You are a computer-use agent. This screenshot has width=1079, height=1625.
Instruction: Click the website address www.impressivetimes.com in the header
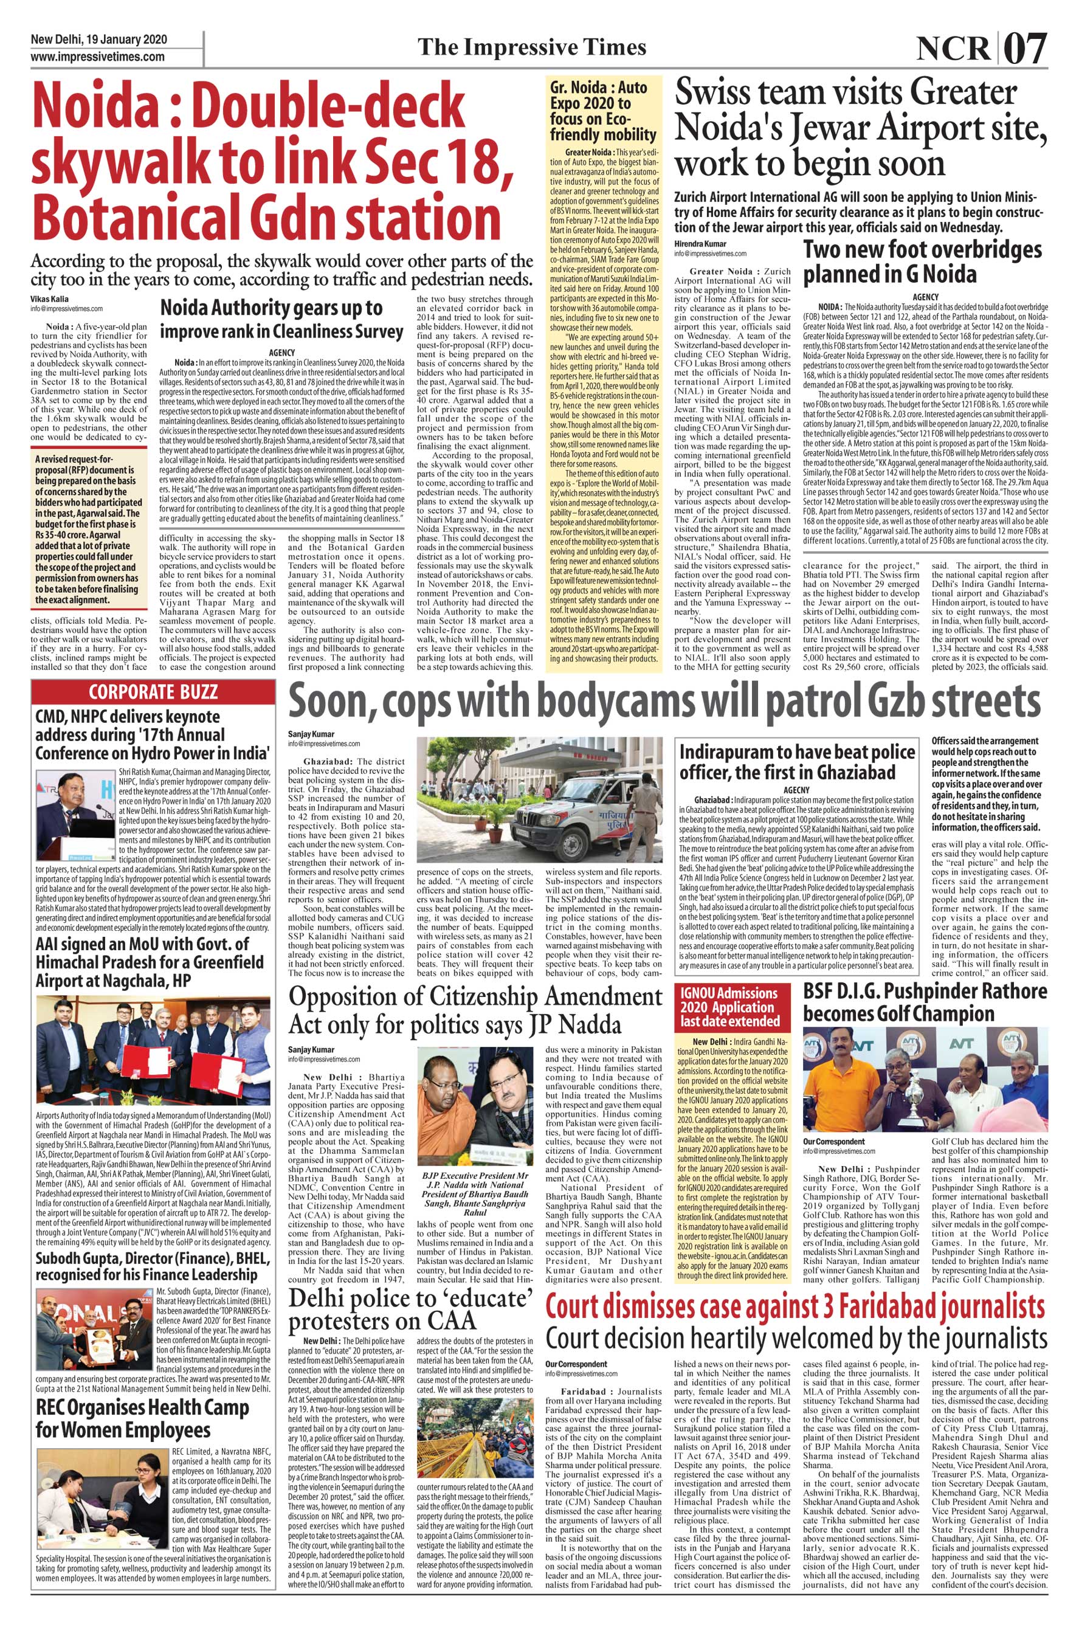pos(97,57)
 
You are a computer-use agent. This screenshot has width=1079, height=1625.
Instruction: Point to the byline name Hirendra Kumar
pos(700,244)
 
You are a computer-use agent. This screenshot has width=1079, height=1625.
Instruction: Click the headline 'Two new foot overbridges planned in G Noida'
pos(923,261)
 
